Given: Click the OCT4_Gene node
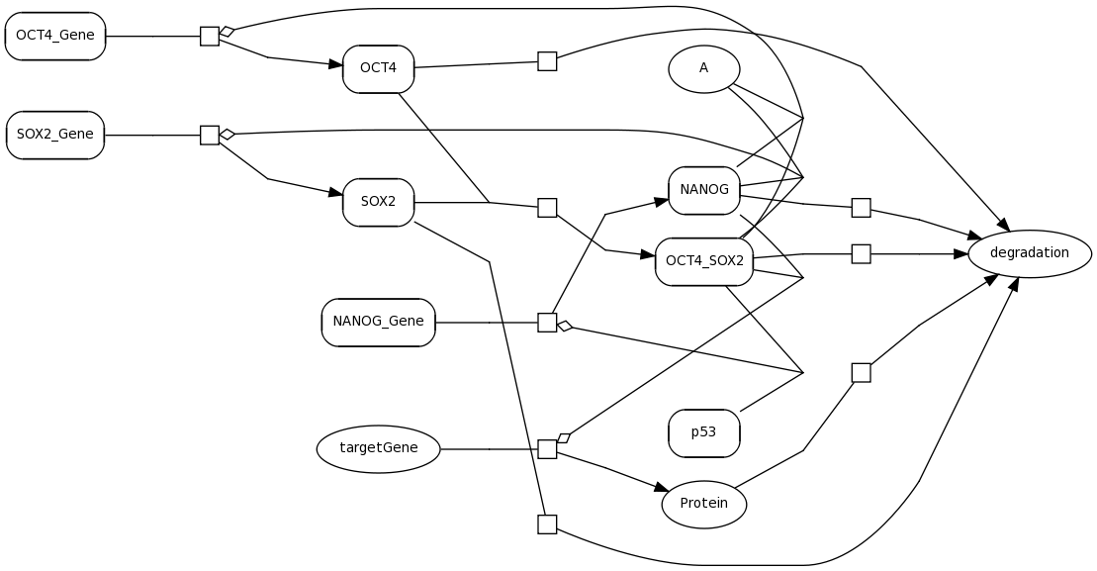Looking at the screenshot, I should click(55, 36).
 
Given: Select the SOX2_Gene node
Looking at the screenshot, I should click(55, 135).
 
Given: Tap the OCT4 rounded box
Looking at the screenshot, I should click(378, 68).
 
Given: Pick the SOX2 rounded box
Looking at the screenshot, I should click(378, 202).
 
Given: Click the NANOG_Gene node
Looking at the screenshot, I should click(378, 322).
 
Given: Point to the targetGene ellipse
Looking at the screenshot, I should click(378, 448).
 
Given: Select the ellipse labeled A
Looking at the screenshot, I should click(703, 68).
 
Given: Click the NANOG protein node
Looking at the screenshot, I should click(703, 190).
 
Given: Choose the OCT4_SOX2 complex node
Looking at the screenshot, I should click(703, 261).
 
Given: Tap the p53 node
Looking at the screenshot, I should click(703, 432).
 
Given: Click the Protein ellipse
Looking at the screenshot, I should click(703, 504).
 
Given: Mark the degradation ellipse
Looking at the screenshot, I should click(1029, 253).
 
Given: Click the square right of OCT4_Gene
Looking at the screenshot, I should click(210, 36).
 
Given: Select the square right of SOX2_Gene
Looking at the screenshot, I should click(210, 135).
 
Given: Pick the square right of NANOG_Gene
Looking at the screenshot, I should click(547, 322).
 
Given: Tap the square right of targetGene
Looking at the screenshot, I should click(547, 448).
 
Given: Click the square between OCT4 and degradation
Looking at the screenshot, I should click(547, 61).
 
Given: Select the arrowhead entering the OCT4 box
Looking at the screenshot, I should click(335, 64).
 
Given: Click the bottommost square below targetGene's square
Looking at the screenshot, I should click(547, 523).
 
